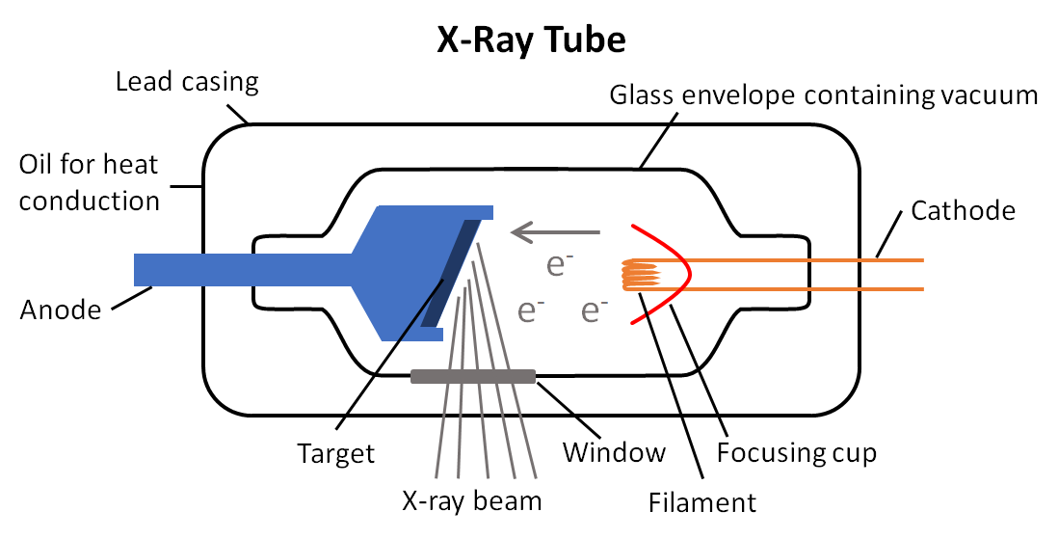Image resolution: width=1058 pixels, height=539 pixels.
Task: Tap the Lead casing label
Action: [187, 81]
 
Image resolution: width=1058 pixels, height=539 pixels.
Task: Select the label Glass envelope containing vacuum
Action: [824, 95]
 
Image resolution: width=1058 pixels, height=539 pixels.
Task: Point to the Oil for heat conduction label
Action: [90, 182]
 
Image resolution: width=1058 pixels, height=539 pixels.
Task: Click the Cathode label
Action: [963, 209]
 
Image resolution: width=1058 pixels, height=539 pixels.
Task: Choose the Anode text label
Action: [60, 310]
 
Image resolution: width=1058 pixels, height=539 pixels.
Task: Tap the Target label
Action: [335, 452]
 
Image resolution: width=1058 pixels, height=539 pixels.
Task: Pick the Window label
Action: [614, 451]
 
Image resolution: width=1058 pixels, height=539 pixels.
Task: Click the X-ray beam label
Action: [471, 500]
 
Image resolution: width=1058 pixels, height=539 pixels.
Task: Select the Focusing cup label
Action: [797, 452]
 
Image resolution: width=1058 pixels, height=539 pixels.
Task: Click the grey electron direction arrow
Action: [555, 231]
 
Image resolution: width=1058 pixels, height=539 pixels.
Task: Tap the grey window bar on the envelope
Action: [473, 376]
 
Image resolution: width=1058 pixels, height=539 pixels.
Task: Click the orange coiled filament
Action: [644, 275]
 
